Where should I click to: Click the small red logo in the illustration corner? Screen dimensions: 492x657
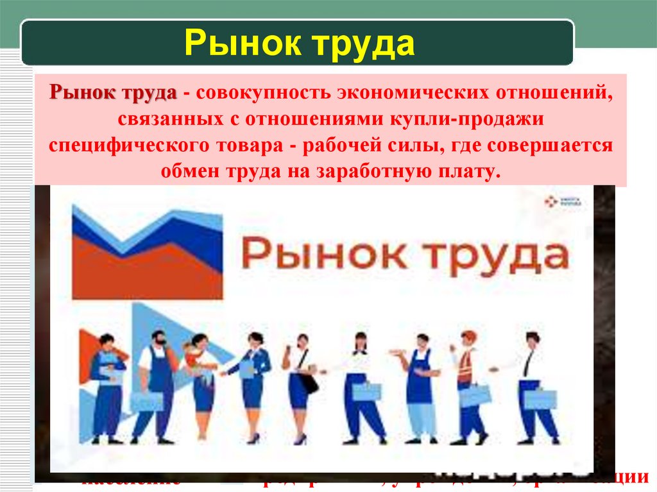coord(550,201)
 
